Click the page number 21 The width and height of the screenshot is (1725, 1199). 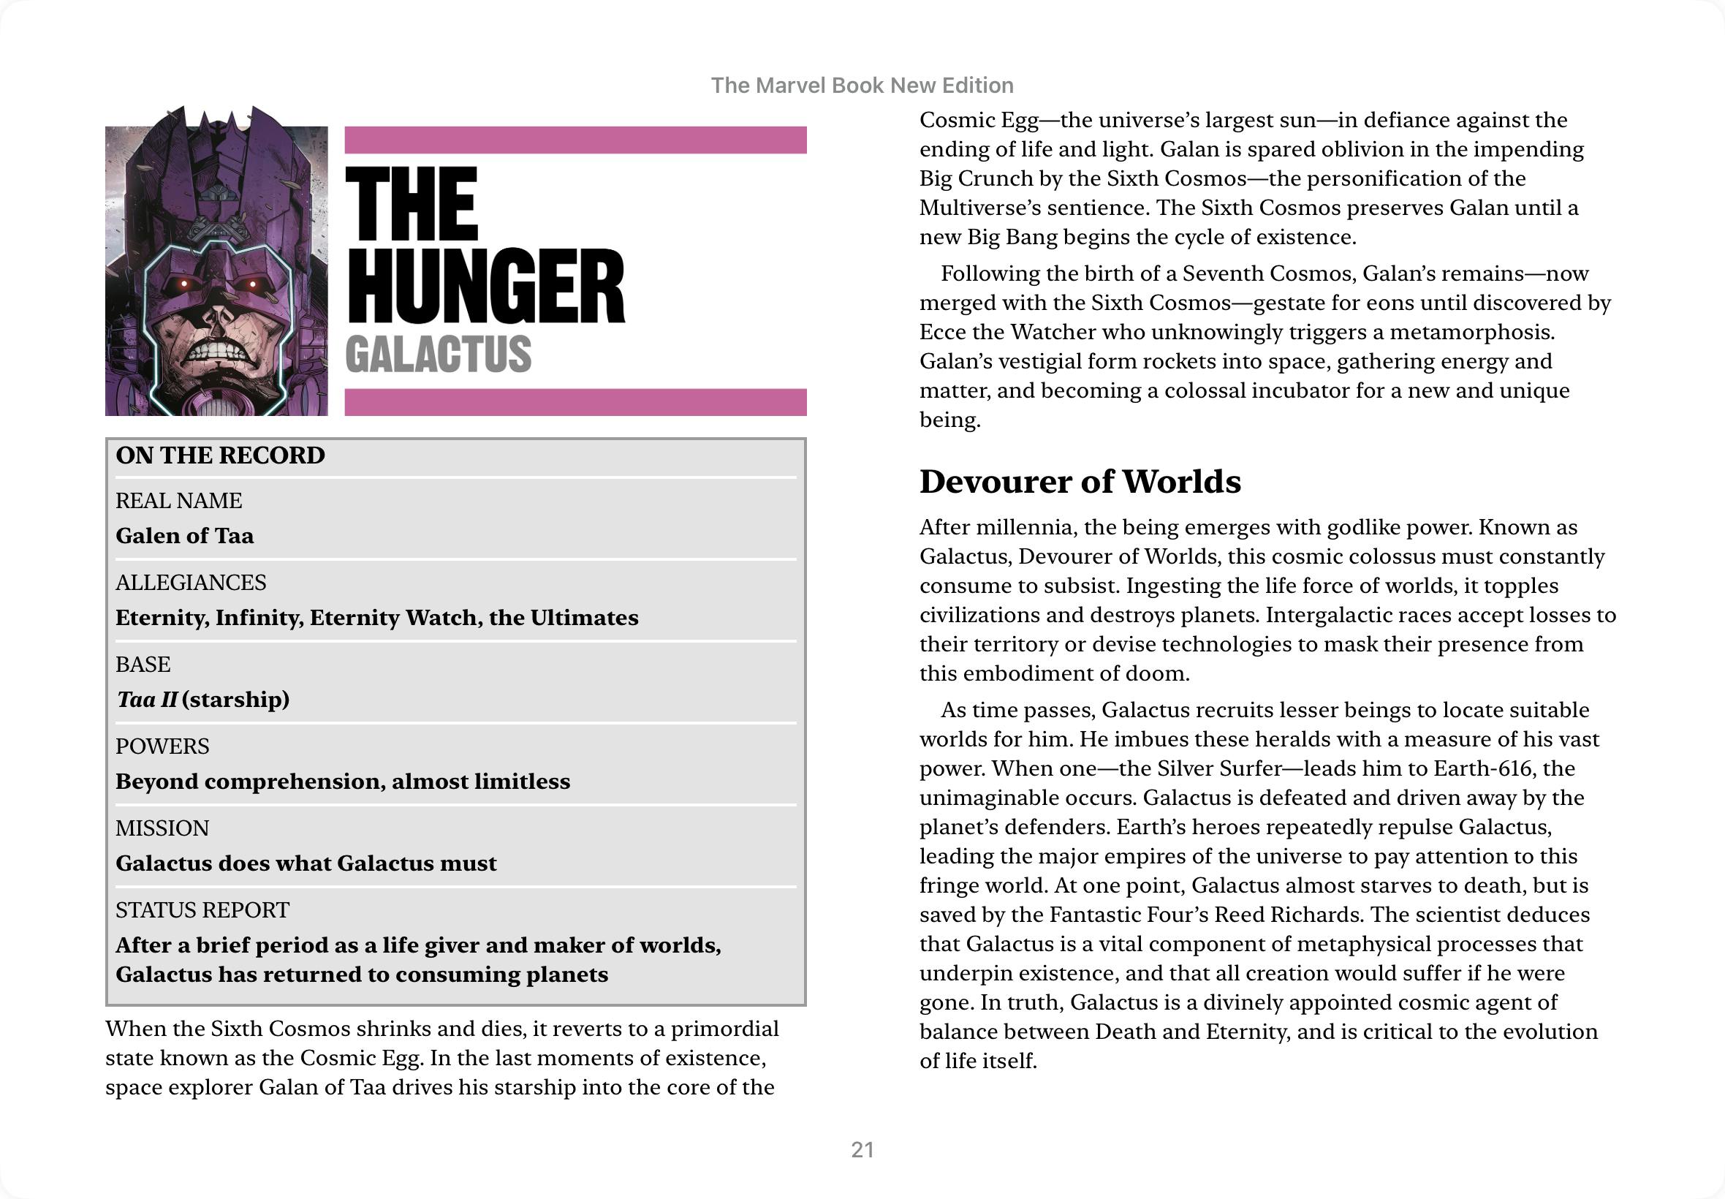pyautogui.click(x=862, y=1149)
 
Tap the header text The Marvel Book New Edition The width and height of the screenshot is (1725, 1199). pyautogui.click(x=862, y=86)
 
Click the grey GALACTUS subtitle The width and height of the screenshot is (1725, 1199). pyautogui.click(x=438, y=355)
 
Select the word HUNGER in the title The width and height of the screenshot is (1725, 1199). pyautogui.click(x=485, y=287)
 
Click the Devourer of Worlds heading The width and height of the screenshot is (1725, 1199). pyautogui.click(x=1080, y=482)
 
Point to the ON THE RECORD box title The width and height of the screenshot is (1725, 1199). pyautogui.click(x=220, y=455)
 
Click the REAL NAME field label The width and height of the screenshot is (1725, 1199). pyautogui.click(x=179, y=500)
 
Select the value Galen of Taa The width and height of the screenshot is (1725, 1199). pyautogui.click(x=185, y=536)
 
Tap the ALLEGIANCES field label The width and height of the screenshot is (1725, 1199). pyautogui.click(x=191, y=582)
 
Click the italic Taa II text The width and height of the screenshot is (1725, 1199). pyautogui.click(x=147, y=700)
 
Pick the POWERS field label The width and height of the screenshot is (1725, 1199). pyautogui.click(x=162, y=746)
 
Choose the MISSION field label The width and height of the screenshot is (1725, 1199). pyautogui.click(x=162, y=828)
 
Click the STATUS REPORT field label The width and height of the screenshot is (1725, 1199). pyautogui.click(x=202, y=909)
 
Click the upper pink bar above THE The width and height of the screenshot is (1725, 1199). pyautogui.click(x=575, y=140)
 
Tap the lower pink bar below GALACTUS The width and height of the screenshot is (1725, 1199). pyautogui.click(x=575, y=402)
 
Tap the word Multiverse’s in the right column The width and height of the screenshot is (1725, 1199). pyautogui.click(x=974, y=208)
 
